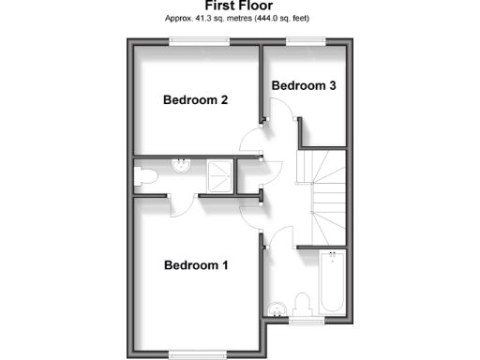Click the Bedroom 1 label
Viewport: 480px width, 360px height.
[196, 265]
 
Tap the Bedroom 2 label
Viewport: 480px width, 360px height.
[196, 100]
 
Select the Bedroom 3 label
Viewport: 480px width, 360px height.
[304, 85]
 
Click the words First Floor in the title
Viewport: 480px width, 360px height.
[239, 6]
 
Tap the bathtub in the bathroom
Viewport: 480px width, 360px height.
[331, 282]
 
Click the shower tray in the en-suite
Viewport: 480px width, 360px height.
[219, 173]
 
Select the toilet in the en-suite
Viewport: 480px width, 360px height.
[146, 175]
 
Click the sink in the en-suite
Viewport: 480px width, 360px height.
[180, 165]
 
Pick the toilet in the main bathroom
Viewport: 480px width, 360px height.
[303, 305]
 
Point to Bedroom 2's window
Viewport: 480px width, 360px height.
[199, 39]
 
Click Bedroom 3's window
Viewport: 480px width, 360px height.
[305, 39]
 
